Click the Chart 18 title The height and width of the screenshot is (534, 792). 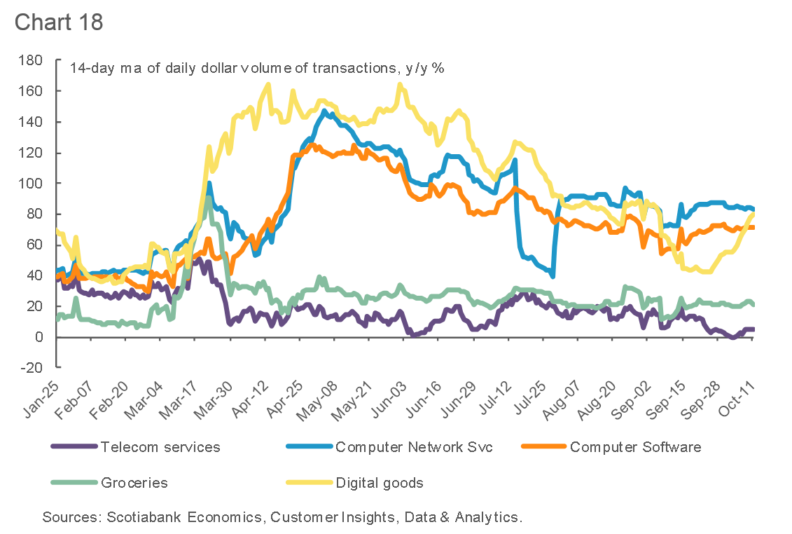coord(59,21)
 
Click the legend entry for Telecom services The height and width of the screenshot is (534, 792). coord(160,447)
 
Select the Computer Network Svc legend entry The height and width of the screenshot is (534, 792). coord(414,447)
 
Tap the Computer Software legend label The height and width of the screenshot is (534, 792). coord(635,447)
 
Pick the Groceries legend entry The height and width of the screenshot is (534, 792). coord(134,483)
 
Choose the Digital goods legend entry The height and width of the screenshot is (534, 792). coord(380,483)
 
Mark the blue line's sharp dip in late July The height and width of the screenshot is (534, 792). coord(553,275)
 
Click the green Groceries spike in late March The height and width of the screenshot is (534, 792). coord(208,199)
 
